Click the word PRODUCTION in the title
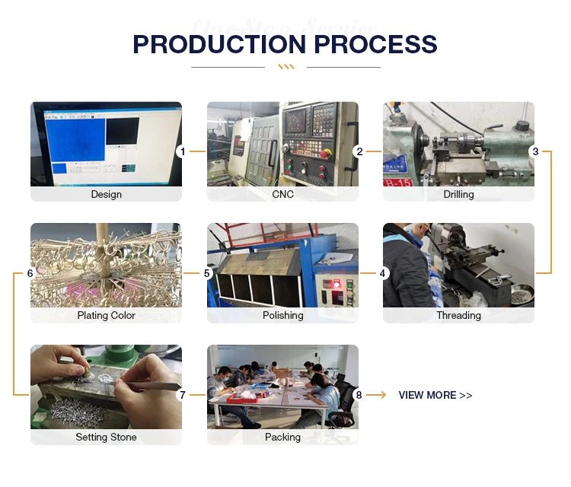[219, 44]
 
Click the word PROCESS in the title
[375, 44]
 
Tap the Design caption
[107, 194]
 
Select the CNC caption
[283, 194]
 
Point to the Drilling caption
[459, 194]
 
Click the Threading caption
[459, 316]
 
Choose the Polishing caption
[283, 316]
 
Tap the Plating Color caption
[107, 316]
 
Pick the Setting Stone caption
[107, 437]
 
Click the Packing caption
[283, 437]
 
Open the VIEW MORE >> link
[435, 395]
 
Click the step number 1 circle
[183, 151]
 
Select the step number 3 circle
[535, 151]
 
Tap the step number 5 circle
[207, 273]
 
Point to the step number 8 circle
[359, 395]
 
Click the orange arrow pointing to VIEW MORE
[376, 395]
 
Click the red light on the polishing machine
[337, 284]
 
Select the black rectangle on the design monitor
[123, 131]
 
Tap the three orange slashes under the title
[286, 67]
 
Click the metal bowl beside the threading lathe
[522, 294]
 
